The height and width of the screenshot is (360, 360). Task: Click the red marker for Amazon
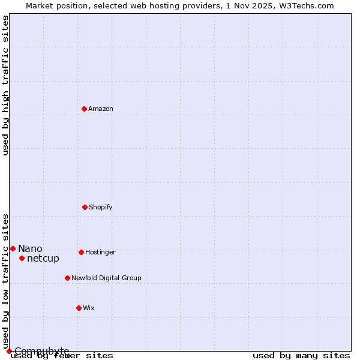[84, 109]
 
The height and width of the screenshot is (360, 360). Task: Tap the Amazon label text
[101, 109]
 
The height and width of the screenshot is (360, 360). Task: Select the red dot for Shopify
[85, 207]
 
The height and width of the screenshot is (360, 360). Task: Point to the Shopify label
[101, 208]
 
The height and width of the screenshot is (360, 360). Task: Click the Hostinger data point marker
[81, 252]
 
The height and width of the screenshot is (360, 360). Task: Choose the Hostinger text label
[100, 253]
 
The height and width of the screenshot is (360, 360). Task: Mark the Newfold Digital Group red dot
[67, 278]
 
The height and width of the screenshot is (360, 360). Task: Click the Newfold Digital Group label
[106, 278]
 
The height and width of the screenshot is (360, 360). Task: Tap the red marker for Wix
[79, 308]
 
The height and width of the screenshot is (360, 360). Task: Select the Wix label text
[89, 308]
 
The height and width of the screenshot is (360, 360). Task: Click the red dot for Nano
[13, 248]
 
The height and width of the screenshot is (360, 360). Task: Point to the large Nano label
[30, 249]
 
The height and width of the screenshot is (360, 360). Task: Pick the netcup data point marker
[22, 258]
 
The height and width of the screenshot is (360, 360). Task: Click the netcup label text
[43, 259]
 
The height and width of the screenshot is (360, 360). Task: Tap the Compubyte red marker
[9, 351]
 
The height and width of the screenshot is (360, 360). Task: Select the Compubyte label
[41, 351]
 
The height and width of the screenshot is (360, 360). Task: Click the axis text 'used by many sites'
[301, 356]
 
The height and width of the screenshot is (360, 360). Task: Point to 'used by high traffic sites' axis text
[6, 85]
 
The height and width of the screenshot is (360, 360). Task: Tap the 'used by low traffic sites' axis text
[6, 281]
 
